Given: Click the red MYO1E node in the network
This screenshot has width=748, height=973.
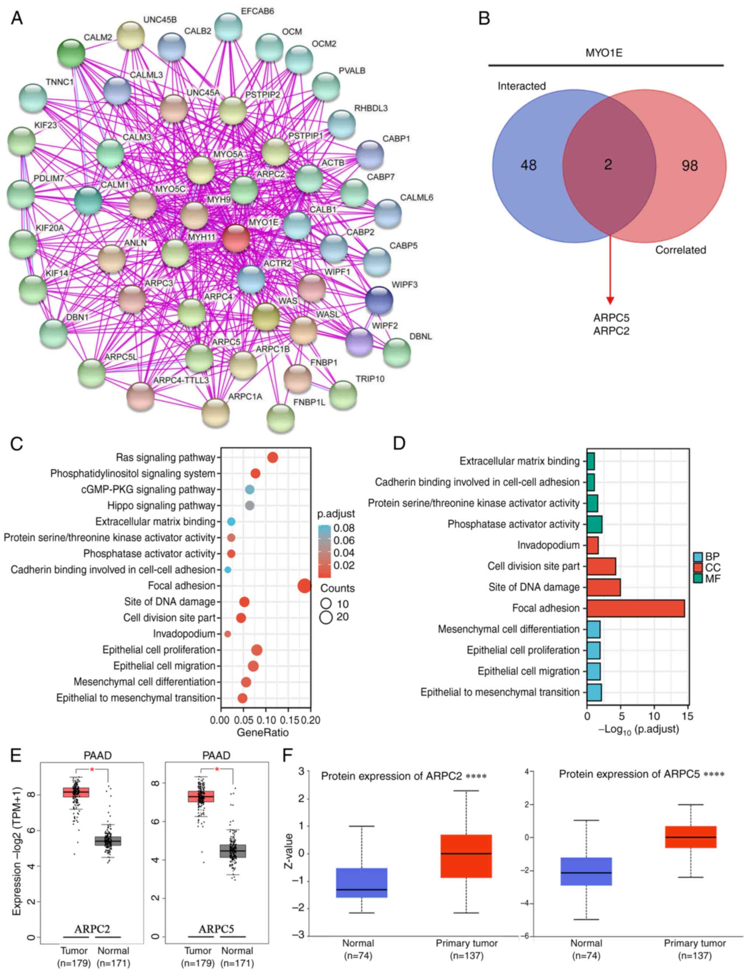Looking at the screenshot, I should pyautogui.click(x=236, y=238).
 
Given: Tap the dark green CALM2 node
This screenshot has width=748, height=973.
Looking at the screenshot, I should pyautogui.click(x=71, y=53).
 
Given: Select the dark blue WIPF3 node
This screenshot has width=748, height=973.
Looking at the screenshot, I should pyautogui.click(x=379, y=300).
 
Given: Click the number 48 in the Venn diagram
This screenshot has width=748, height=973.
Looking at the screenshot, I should pyautogui.click(x=529, y=166).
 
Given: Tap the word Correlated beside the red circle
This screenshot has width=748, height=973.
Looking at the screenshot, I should pyautogui.click(x=680, y=250).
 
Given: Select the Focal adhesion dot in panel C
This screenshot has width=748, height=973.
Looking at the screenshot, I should pyautogui.click(x=304, y=586).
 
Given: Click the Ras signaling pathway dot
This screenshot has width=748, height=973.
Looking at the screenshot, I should pyautogui.click(x=272, y=458).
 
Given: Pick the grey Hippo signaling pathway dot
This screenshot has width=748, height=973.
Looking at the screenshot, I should pyautogui.click(x=250, y=505).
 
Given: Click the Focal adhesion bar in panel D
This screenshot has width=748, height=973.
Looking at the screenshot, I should pyautogui.click(x=635, y=608).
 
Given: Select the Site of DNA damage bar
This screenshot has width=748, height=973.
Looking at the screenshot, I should pyautogui.click(x=603, y=587).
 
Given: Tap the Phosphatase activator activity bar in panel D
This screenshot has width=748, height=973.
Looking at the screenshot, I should pyautogui.click(x=594, y=524).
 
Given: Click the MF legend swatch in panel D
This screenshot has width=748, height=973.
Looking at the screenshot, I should pyautogui.click(x=697, y=579).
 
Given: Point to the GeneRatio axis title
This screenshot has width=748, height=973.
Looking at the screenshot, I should pyautogui.click(x=263, y=732).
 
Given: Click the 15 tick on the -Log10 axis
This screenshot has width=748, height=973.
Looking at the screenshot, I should pyautogui.click(x=688, y=716).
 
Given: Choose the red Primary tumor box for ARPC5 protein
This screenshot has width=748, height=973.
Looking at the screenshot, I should pyautogui.click(x=691, y=837).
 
